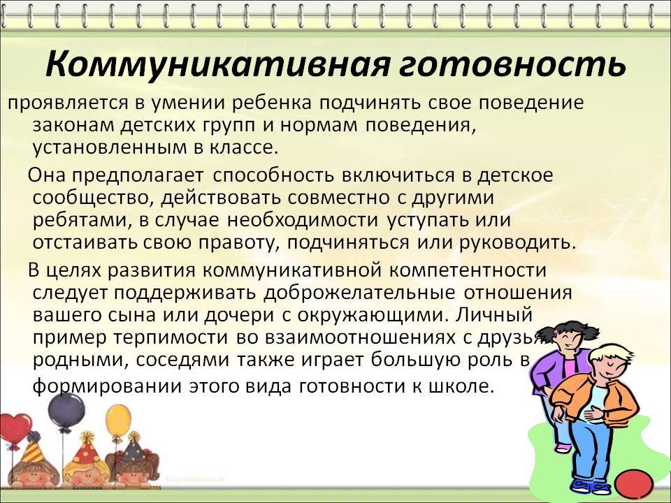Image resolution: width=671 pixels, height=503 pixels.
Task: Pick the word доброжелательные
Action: [359, 293]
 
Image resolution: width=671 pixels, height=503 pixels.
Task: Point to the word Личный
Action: [494, 315]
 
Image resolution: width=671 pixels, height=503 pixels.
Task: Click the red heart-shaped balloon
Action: [15, 428]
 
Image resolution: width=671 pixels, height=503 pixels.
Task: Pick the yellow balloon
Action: [118, 421]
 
